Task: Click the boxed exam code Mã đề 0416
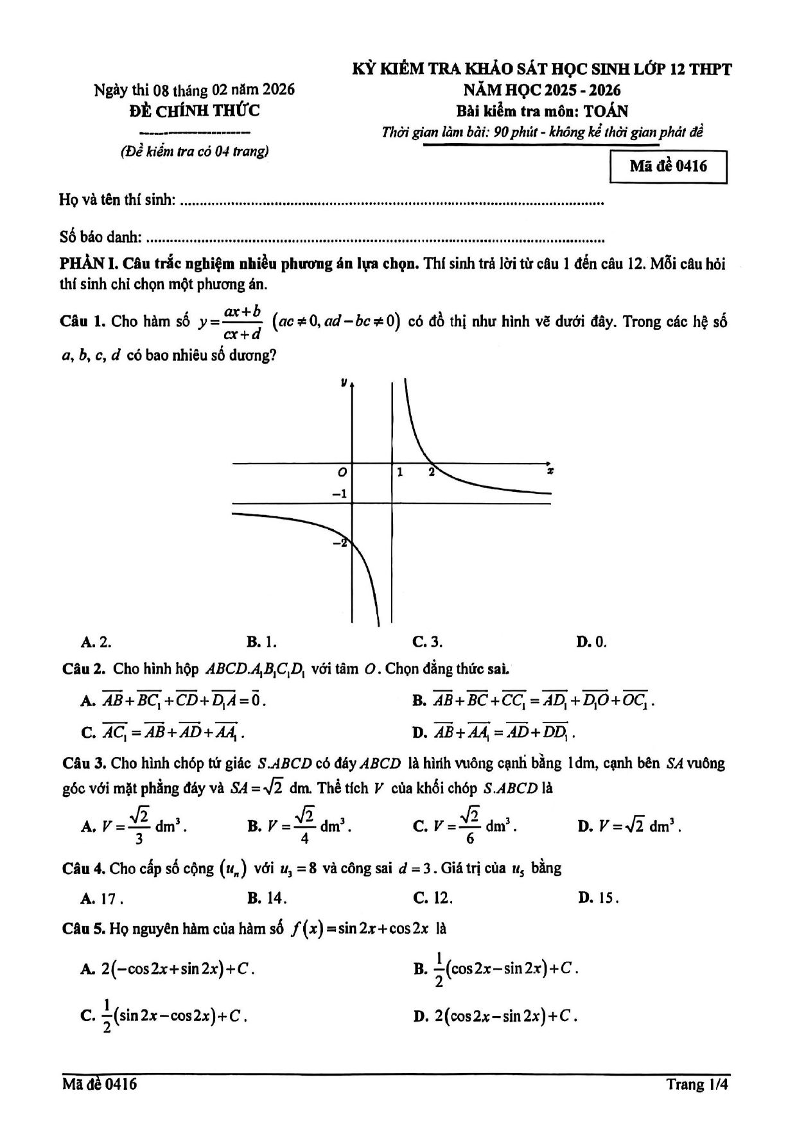coord(668,166)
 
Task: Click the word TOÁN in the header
coord(606,111)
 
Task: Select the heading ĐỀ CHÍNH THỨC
coord(194,111)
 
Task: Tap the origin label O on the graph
coord(342,473)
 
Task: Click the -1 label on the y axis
coord(338,494)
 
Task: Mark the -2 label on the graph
coord(339,543)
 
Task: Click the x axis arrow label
coord(550,471)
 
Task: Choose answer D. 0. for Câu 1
coord(591,642)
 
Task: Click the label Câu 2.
coord(83,668)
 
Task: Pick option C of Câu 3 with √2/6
coord(465,826)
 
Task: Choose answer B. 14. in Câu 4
coord(267,898)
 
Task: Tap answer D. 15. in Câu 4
coord(598,898)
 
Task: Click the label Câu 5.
coord(83,928)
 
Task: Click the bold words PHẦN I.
coord(88,264)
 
